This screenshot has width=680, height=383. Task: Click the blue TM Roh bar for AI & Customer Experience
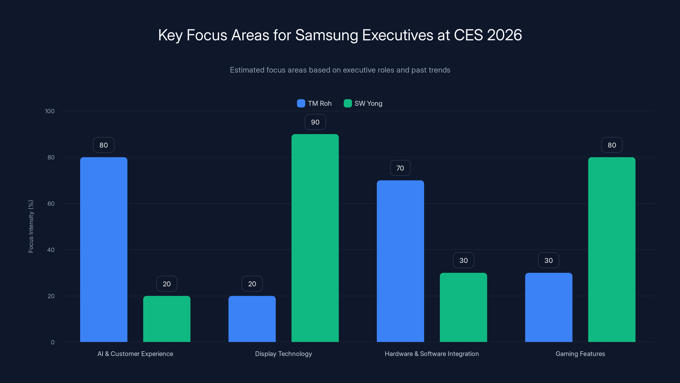(x=103, y=250)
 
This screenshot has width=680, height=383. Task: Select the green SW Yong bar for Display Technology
(x=315, y=238)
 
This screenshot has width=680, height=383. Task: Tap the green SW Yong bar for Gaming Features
(x=612, y=250)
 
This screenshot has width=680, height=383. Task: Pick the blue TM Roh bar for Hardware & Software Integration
(x=400, y=261)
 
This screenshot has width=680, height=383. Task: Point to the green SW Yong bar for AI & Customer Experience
(x=167, y=319)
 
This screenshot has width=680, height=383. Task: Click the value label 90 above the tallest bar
(x=315, y=122)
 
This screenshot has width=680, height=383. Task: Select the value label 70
(x=400, y=168)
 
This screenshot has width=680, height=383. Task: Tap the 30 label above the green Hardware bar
(x=463, y=260)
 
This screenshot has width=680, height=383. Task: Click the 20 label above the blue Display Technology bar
(x=252, y=284)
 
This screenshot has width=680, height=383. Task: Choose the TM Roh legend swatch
(x=301, y=103)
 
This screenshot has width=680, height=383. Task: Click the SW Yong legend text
(x=368, y=103)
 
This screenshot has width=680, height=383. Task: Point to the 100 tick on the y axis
(x=50, y=111)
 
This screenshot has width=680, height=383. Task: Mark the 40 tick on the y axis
(x=51, y=250)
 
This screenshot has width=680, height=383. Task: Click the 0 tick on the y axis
(x=52, y=342)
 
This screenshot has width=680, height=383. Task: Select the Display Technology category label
(x=283, y=354)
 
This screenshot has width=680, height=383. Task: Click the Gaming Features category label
(x=580, y=354)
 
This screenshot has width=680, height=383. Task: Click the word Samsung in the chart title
(x=327, y=35)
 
